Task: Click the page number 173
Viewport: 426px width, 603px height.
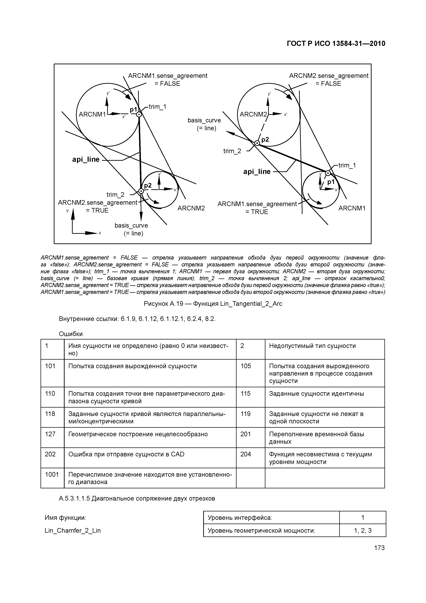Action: click(379, 548)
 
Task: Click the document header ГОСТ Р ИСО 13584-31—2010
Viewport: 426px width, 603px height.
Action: click(336, 44)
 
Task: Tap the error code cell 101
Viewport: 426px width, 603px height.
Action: click(50, 366)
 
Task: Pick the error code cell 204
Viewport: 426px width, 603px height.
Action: click(246, 454)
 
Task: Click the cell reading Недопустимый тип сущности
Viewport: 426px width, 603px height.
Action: click(312, 346)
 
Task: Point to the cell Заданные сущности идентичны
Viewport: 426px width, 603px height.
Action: click(316, 393)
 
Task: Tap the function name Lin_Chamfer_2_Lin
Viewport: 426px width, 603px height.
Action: click(73, 530)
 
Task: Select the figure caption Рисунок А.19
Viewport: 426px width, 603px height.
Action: click(213, 304)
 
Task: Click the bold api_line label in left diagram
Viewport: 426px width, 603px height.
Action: click(86, 159)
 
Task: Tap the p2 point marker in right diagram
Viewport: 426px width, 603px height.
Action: click(257, 143)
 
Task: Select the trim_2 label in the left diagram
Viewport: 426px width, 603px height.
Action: click(115, 195)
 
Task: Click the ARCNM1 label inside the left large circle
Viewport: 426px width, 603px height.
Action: click(92, 114)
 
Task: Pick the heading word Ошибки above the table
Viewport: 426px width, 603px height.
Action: click(71, 334)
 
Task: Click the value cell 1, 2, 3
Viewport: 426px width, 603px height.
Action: click(362, 530)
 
